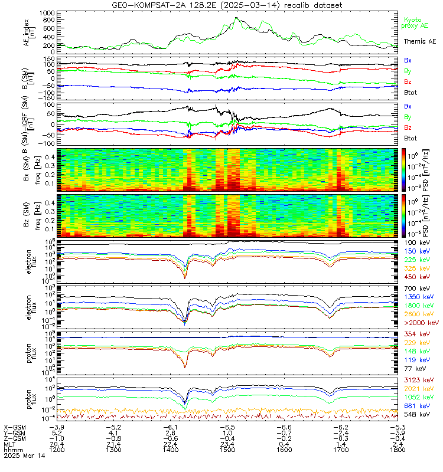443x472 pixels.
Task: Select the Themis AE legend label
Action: coord(419,41)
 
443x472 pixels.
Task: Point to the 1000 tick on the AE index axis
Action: coord(47,12)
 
